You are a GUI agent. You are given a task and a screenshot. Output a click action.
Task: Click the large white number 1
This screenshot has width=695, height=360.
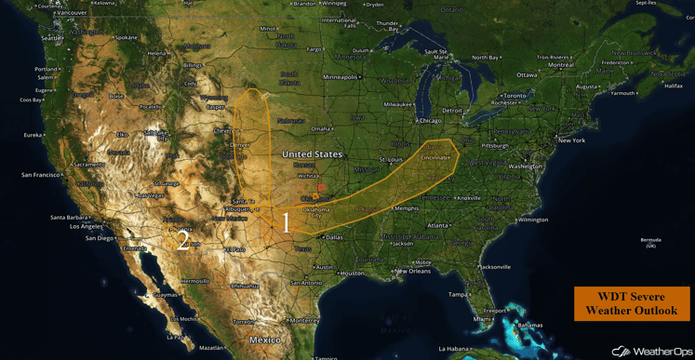coord(286,222)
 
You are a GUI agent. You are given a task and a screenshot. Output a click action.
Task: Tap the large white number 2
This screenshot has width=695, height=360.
coord(183,242)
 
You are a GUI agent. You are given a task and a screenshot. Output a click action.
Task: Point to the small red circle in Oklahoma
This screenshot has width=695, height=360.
coord(321,188)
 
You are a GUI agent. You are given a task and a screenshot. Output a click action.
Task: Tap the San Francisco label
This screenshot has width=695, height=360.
coord(42,175)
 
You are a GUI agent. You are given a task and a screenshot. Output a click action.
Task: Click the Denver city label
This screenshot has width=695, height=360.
coord(239,146)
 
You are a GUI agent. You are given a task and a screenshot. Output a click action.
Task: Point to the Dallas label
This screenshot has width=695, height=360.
coord(335,237)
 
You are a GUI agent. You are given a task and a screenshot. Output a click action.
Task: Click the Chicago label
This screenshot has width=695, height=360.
coord(430,121)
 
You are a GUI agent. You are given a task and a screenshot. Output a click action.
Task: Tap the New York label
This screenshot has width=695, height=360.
coord(570,140)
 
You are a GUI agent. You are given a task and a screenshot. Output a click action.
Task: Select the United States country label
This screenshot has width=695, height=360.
coord(312,153)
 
